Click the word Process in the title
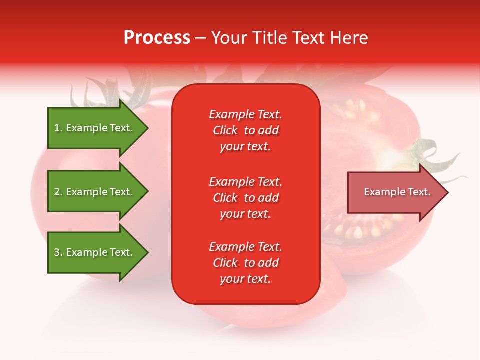pyautogui.click(x=157, y=38)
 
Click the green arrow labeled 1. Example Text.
pyautogui.click(x=93, y=128)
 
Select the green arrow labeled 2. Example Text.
pyautogui.click(x=93, y=192)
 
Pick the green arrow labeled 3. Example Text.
pyautogui.click(x=93, y=252)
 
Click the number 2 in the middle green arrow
pyautogui.click(x=57, y=192)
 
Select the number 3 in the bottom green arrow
pyautogui.click(x=57, y=252)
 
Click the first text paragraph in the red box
pyautogui.click(x=245, y=130)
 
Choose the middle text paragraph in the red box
pyautogui.click(x=245, y=198)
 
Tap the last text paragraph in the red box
pyautogui.click(x=245, y=263)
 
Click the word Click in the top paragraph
pyautogui.click(x=225, y=130)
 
